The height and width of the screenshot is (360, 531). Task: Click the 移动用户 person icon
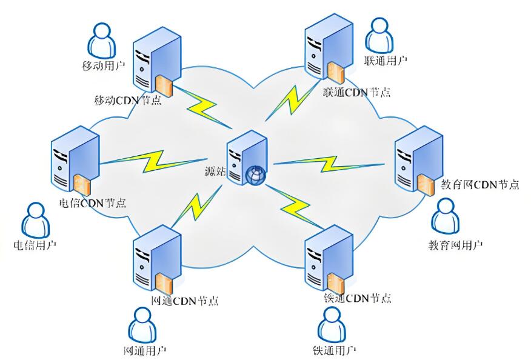pos(101,40)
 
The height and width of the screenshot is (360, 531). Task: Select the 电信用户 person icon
pos(35,219)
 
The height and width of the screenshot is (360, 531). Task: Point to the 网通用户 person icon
pos(142,325)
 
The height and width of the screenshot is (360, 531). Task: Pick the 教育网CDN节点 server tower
pos(416,161)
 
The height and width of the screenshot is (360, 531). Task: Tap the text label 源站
pos(215,172)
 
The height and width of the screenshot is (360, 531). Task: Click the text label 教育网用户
pos(455,245)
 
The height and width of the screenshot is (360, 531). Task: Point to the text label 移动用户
pos(104,64)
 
